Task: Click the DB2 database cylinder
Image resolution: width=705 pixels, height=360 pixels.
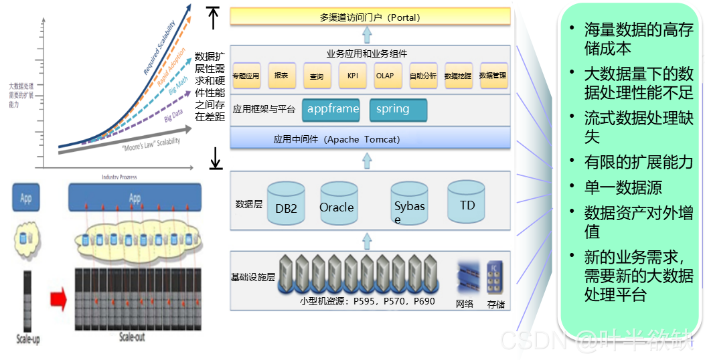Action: coord(286,203)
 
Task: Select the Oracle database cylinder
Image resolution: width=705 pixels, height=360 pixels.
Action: coord(337,203)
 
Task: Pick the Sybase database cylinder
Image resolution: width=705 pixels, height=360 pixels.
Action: coord(409,204)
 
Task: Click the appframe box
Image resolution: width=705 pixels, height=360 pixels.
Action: coord(333,109)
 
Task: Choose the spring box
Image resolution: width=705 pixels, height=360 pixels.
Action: coord(398,109)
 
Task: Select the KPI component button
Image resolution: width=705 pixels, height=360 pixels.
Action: coord(352,76)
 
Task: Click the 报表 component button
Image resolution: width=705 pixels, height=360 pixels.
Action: coord(282,76)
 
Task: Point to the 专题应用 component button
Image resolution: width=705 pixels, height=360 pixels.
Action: coord(246,76)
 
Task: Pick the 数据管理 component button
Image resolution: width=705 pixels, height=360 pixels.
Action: coord(493,76)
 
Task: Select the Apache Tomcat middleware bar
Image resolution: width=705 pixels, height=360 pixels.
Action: coord(370,139)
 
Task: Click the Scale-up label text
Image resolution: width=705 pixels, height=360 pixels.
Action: coord(28,339)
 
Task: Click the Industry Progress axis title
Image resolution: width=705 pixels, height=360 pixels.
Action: coord(119,177)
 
